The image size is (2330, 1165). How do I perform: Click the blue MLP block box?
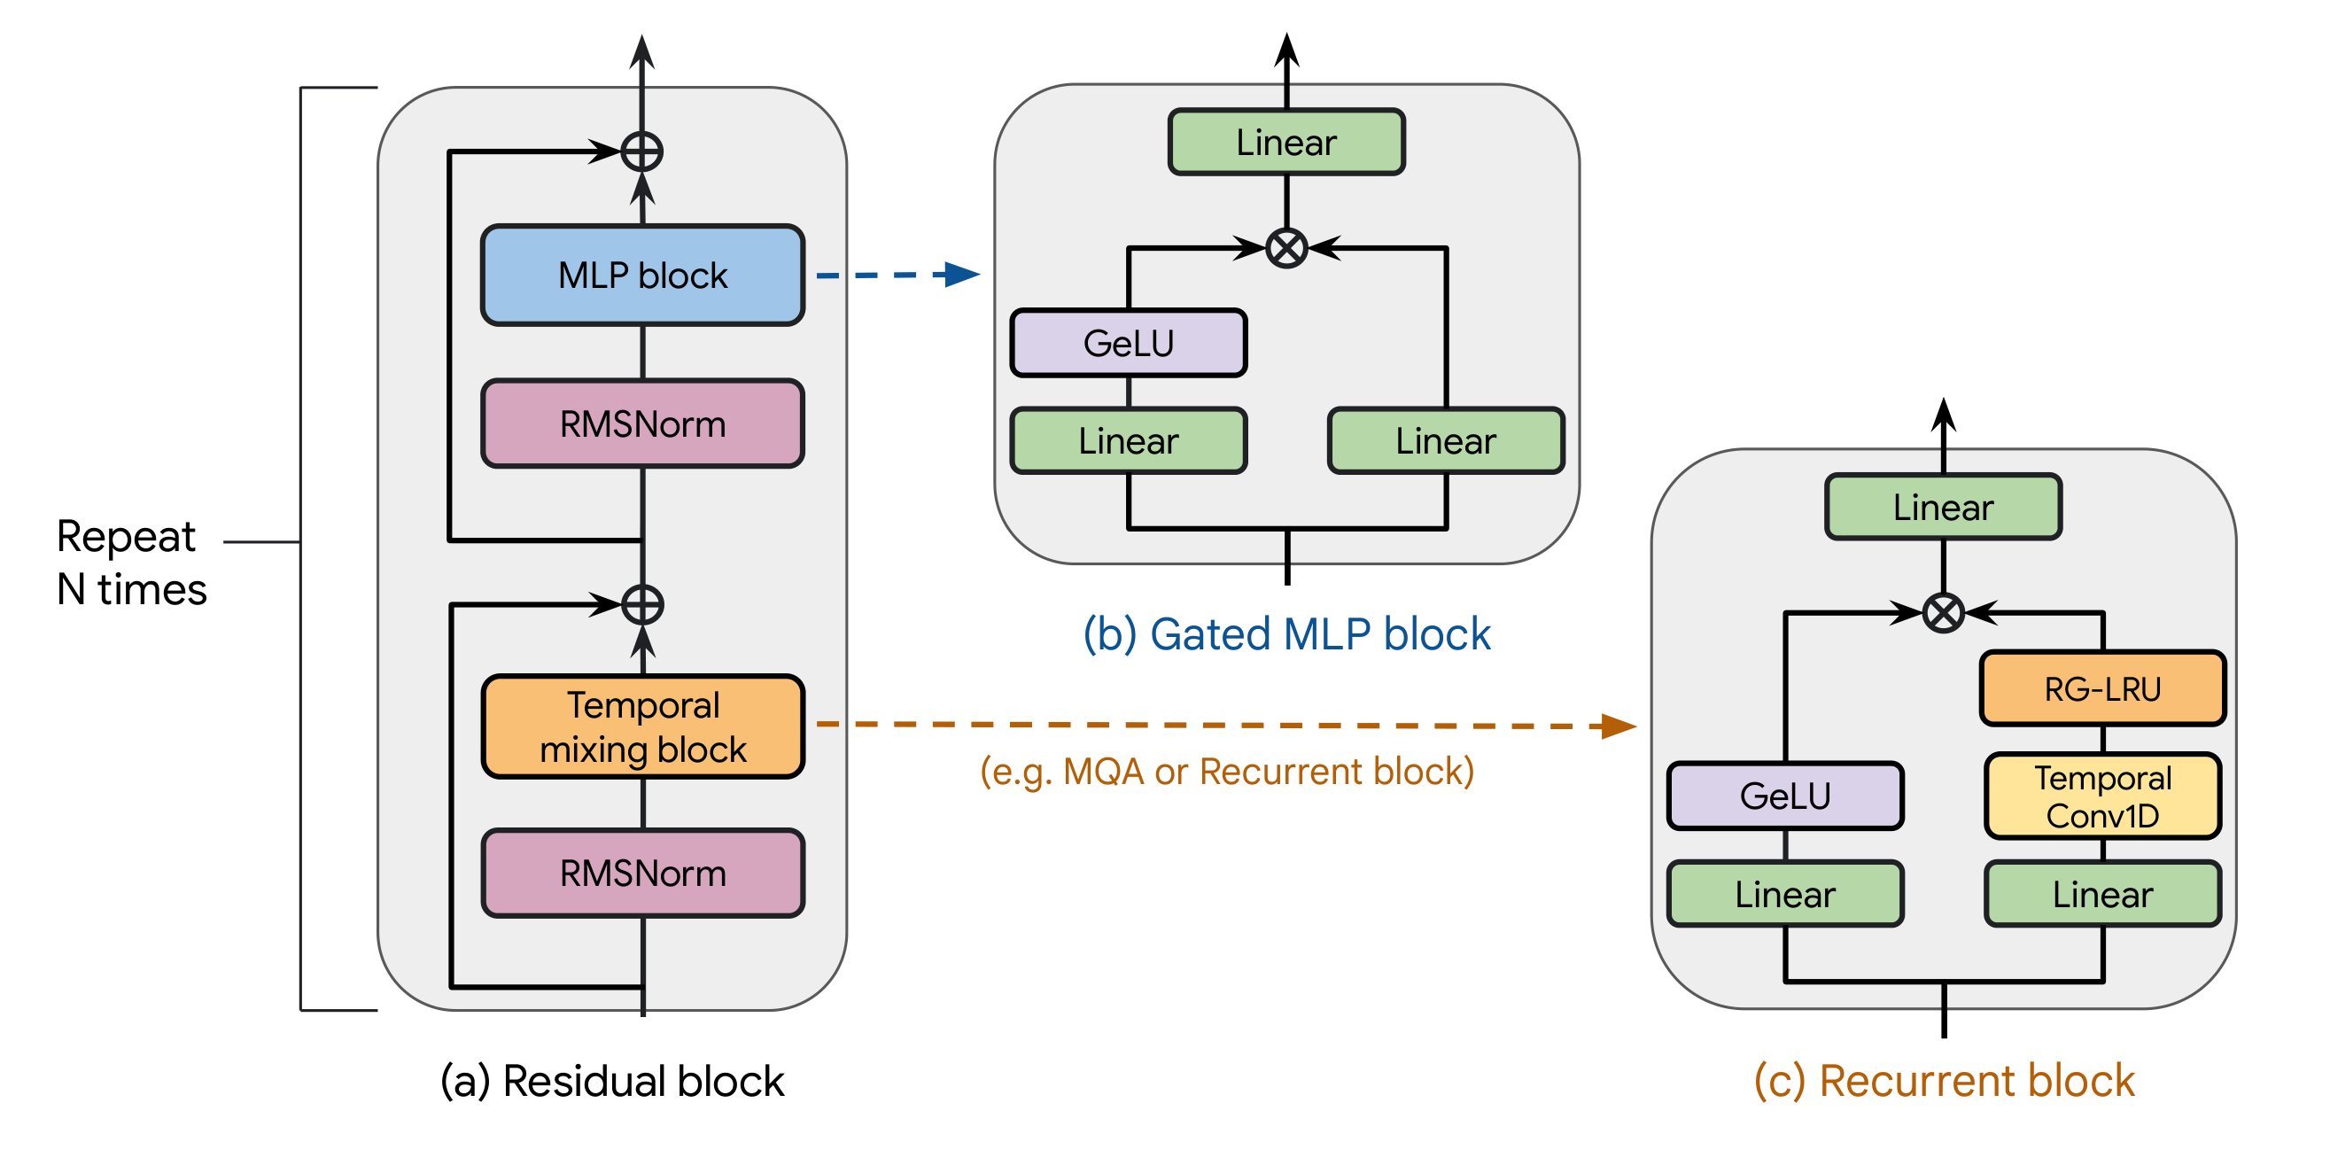coord(642,275)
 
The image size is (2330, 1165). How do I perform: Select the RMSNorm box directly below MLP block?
coord(642,423)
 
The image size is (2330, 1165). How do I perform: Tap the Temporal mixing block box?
coord(642,726)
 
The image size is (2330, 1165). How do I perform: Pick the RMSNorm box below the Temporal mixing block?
coord(642,873)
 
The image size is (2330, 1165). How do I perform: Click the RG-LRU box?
coord(2102,688)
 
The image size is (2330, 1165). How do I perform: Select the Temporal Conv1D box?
coord(2102,796)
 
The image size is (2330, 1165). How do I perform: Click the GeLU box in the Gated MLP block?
coord(1128,343)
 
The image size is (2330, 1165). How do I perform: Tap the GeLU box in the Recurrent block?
coord(1784,796)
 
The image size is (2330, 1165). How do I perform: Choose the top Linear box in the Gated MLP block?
coord(1286,142)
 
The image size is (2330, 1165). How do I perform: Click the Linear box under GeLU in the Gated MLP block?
coord(1128,440)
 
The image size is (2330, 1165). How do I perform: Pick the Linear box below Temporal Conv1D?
coord(2102,894)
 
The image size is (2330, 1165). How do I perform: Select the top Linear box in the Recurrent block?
coord(1943,507)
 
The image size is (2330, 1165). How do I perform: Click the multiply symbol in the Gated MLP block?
coord(1286,248)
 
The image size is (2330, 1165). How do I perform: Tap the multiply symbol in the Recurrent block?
coord(1943,612)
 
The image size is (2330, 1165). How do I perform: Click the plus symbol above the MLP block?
coord(642,151)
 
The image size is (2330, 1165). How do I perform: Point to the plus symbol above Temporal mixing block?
coord(642,604)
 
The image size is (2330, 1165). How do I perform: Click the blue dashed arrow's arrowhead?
coord(961,274)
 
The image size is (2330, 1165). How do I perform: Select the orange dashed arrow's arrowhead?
coord(1619,726)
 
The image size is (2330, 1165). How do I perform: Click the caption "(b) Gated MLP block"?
coord(1286,633)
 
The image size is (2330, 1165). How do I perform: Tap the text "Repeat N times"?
coord(131,563)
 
